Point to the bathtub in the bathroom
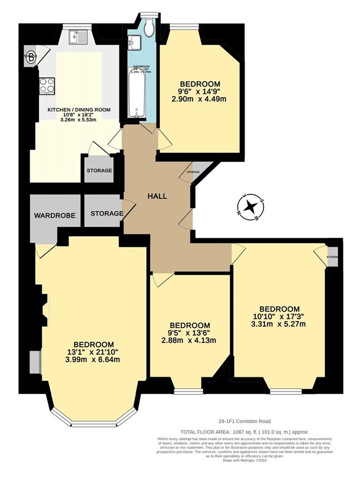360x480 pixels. tap(137, 93)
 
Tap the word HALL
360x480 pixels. tap(157, 196)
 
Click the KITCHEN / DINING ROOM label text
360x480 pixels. tap(79, 110)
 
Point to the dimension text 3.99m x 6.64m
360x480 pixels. tap(94, 359)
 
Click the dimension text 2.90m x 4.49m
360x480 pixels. tap(199, 99)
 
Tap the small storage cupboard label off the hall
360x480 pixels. tap(193, 172)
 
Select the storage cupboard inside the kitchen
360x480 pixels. tap(99, 171)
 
